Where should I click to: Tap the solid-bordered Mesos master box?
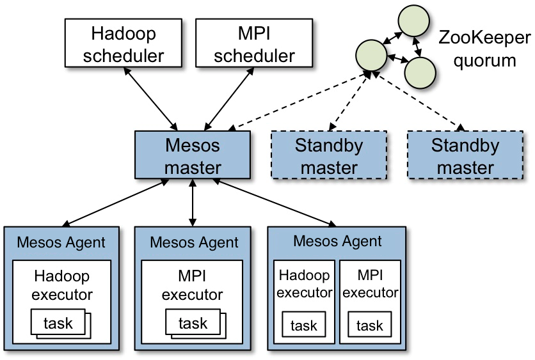pyautogui.click(x=193, y=155)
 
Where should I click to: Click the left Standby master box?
pyautogui.click(x=329, y=155)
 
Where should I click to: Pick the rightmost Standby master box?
pyautogui.click(x=465, y=155)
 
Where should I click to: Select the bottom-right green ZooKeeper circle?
pyautogui.click(x=420, y=72)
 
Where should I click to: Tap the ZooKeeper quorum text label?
pyautogui.click(x=485, y=50)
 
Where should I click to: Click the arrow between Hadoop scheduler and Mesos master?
pyautogui.click(x=152, y=98)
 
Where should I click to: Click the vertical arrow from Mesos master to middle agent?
pyautogui.click(x=193, y=203)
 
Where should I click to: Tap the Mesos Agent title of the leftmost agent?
pyautogui.click(x=61, y=242)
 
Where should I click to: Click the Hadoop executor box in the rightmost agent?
pyautogui.click(x=304, y=284)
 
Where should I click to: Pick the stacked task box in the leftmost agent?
pyautogui.click(x=60, y=324)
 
